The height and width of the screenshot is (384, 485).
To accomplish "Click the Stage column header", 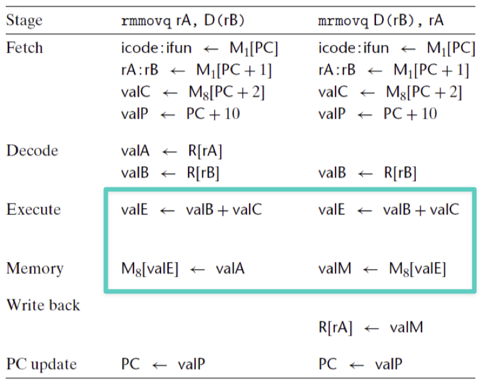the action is pyautogui.click(x=24, y=21).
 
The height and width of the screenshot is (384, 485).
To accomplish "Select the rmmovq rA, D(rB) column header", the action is pyautogui.click(x=183, y=21).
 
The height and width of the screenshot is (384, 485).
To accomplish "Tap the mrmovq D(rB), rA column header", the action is pyautogui.click(x=381, y=21).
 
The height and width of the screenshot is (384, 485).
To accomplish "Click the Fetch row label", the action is pyautogui.click(x=24, y=48).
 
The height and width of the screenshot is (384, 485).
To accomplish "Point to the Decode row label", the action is pyautogui.click(x=32, y=150).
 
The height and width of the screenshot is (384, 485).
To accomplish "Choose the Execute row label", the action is pyautogui.click(x=33, y=209).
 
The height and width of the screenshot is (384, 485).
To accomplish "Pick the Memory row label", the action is pyautogui.click(x=35, y=268).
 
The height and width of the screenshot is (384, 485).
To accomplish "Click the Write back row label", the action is pyautogui.click(x=43, y=305).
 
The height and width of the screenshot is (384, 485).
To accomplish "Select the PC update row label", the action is pyautogui.click(x=42, y=365).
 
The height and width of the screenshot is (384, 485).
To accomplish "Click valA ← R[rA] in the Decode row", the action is pyautogui.click(x=171, y=151).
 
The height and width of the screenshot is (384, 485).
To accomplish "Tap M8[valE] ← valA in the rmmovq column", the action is pyautogui.click(x=183, y=269).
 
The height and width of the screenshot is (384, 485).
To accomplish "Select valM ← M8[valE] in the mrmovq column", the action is pyautogui.click(x=382, y=269).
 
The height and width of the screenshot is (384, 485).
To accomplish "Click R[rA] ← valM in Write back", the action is pyautogui.click(x=371, y=327).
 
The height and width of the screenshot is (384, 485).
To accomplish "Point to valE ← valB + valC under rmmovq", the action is pyautogui.click(x=191, y=209).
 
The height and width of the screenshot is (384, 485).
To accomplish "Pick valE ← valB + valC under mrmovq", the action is pyautogui.click(x=389, y=209).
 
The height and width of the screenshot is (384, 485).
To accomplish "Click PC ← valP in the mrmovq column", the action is pyautogui.click(x=361, y=364).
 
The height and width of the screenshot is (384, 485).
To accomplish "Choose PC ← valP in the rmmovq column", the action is pyautogui.click(x=163, y=364).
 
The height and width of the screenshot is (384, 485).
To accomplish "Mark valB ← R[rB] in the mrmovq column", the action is pyautogui.click(x=368, y=173).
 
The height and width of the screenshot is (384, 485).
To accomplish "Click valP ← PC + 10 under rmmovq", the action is pyautogui.click(x=180, y=114).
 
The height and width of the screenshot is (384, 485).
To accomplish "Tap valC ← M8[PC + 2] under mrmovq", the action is pyautogui.click(x=390, y=92).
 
